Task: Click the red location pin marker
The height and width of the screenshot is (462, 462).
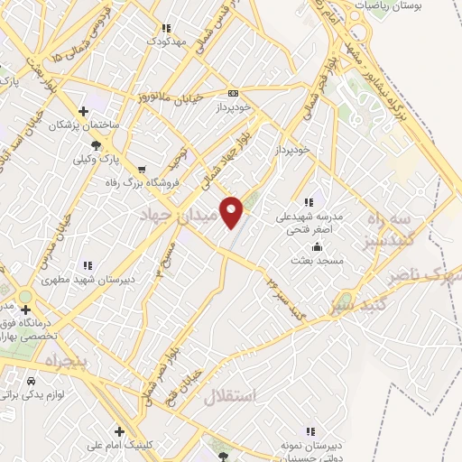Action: pyautogui.click(x=233, y=211)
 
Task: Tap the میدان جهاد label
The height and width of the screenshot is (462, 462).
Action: pyautogui.click(x=180, y=217)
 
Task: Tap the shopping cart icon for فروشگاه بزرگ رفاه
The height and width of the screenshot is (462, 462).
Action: pyautogui.click(x=141, y=168)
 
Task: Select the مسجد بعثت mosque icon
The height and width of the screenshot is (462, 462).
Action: pyautogui.click(x=317, y=247)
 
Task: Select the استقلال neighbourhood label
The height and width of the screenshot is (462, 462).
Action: pyautogui.click(x=231, y=396)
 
